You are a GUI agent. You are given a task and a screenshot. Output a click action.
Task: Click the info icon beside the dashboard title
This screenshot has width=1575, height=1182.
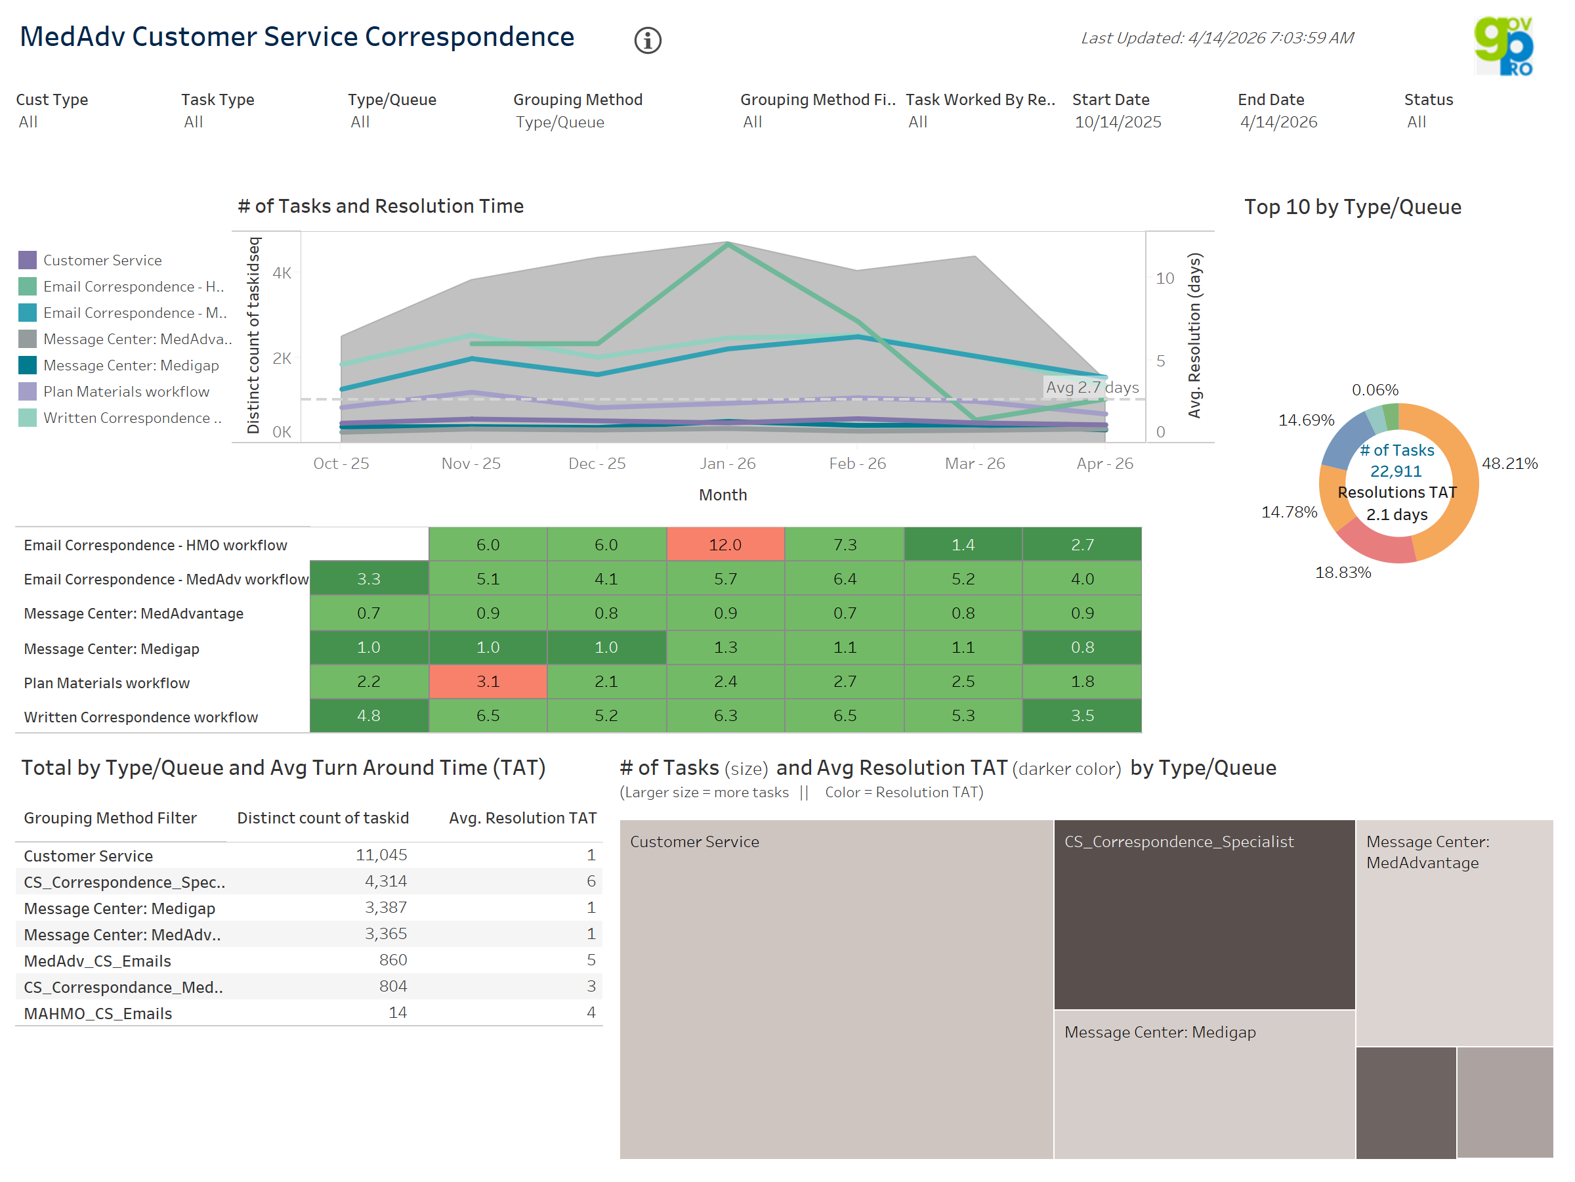pos(647,41)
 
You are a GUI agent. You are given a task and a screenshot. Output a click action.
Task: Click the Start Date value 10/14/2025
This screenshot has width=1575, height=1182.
pos(1117,122)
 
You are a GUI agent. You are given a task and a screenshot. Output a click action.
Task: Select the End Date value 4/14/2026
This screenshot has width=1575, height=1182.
pos(1278,122)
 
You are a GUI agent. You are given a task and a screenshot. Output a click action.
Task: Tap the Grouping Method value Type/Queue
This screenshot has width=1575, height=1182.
pos(560,122)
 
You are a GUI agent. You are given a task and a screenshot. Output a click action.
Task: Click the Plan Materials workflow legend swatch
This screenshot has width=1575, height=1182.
pos(27,391)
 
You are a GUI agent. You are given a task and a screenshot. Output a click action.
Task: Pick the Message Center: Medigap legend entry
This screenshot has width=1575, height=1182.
pos(131,366)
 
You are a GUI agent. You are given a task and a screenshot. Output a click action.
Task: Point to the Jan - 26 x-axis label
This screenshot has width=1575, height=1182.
pos(727,463)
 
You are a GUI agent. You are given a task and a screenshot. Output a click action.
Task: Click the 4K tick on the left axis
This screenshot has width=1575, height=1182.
pos(282,273)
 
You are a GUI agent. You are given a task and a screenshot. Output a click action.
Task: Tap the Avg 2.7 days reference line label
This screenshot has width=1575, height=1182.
pos(1091,387)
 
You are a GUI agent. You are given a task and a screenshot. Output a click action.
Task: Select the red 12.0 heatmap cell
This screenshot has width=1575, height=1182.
pos(725,544)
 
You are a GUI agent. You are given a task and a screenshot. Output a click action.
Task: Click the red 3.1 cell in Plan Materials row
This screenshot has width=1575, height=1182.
pos(488,681)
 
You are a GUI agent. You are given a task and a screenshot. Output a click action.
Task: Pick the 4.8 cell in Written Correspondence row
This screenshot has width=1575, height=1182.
pos(368,715)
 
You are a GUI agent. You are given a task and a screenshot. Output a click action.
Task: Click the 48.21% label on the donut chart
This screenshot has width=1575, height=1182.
pos(1509,463)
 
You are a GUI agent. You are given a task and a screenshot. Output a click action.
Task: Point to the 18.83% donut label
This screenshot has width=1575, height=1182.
pos(1342,572)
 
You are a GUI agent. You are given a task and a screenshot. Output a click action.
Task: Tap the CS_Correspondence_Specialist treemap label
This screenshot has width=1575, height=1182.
pos(1179,841)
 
